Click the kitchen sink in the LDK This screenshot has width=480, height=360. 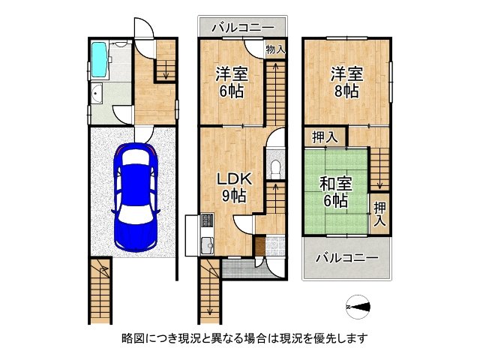click(207, 243)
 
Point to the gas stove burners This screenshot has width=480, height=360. click(207, 221)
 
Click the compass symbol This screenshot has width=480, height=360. click(359, 307)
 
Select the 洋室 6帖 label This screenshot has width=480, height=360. click(231, 82)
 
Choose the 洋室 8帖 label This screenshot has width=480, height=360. click(346, 82)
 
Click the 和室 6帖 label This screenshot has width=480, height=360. click(334, 191)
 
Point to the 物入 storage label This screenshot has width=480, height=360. click(275, 49)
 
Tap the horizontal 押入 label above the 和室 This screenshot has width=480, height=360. click(325, 137)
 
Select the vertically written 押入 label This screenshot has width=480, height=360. click(380, 213)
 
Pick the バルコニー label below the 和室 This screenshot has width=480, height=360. click(346, 257)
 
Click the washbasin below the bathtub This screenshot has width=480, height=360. click(98, 94)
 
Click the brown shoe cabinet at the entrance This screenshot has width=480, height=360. click(259, 245)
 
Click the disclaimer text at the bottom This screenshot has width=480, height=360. click(239, 338)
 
